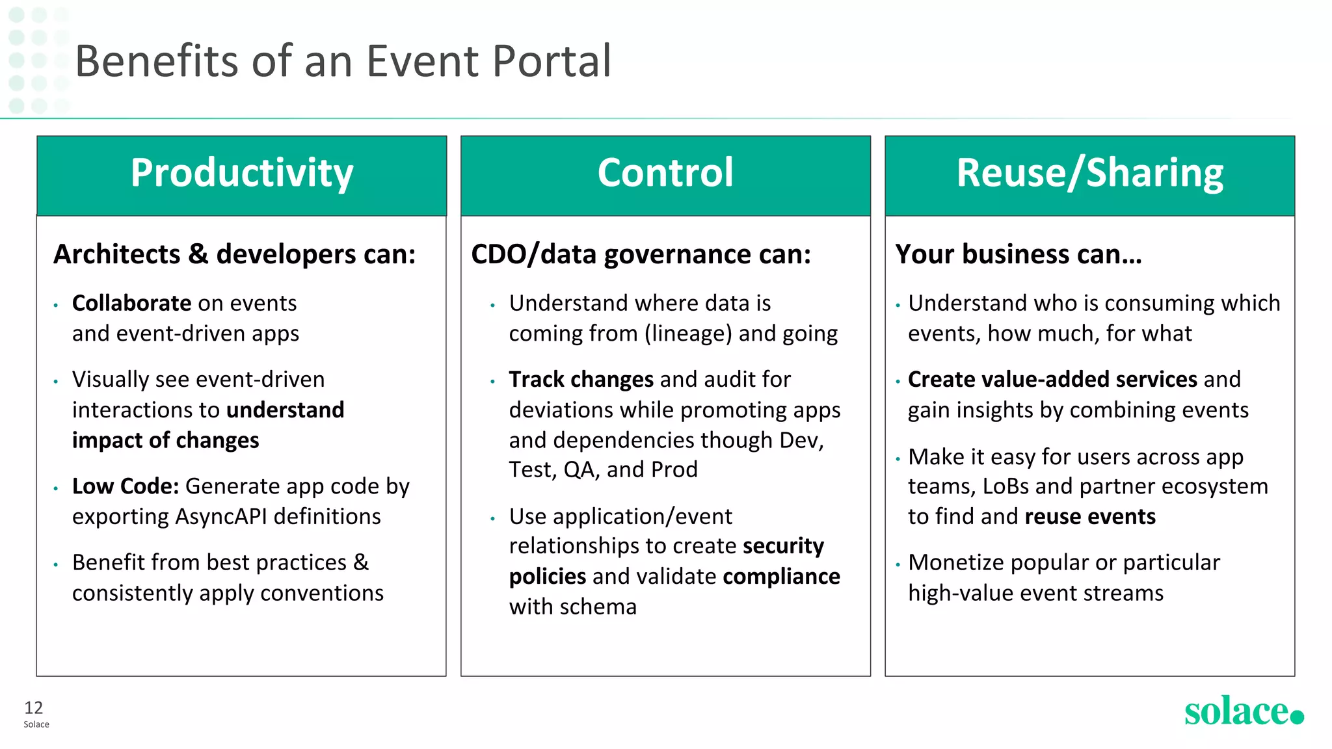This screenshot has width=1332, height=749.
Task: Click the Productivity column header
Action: pyautogui.click(x=241, y=174)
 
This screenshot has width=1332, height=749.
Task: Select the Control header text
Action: pyautogui.click(x=665, y=174)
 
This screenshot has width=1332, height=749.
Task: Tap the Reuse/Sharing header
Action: pyautogui.click(x=1089, y=174)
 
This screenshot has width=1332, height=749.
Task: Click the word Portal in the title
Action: pyautogui.click(x=552, y=61)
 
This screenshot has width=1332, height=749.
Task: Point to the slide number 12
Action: pyautogui.click(x=33, y=707)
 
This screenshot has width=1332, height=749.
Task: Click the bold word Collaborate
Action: pyautogui.click(x=131, y=304)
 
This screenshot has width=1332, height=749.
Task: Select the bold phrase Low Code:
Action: pyautogui.click(x=126, y=486)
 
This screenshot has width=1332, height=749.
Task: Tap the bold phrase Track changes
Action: pyautogui.click(x=581, y=380)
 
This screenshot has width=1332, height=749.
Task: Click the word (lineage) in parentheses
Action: pyautogui.click(x=688, y=334)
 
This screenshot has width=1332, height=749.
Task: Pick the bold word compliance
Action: pyautogui.click(x=781, y=577)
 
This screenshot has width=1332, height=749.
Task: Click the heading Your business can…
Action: pyautogui.click(x=1018, y=254)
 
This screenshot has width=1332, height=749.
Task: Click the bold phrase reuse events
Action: pyautogui.click(x=1090, y=517)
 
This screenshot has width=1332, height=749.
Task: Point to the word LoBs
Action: pyautogui.click(x=1006, y=486)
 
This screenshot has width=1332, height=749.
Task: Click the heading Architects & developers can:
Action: pyautogui.click(x=234, y=254)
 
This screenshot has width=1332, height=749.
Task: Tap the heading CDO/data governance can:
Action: pyautogui.click(x=641, y=254)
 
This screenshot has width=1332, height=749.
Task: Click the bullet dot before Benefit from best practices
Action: pyautogui.click(x=56, y=564)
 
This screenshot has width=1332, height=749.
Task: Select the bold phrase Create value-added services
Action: pyautogui.click(x=1052, y=380)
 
